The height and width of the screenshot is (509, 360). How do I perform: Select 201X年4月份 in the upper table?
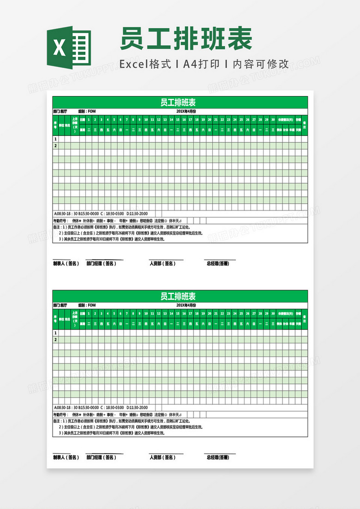186,111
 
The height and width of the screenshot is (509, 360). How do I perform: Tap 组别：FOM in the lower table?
87,305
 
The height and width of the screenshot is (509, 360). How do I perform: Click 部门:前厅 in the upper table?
60,111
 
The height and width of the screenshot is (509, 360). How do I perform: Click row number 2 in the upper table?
56,145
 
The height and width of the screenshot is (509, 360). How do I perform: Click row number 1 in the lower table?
56,333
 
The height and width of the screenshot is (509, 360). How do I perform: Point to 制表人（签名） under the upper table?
66,264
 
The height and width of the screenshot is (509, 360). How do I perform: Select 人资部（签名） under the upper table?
162,264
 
